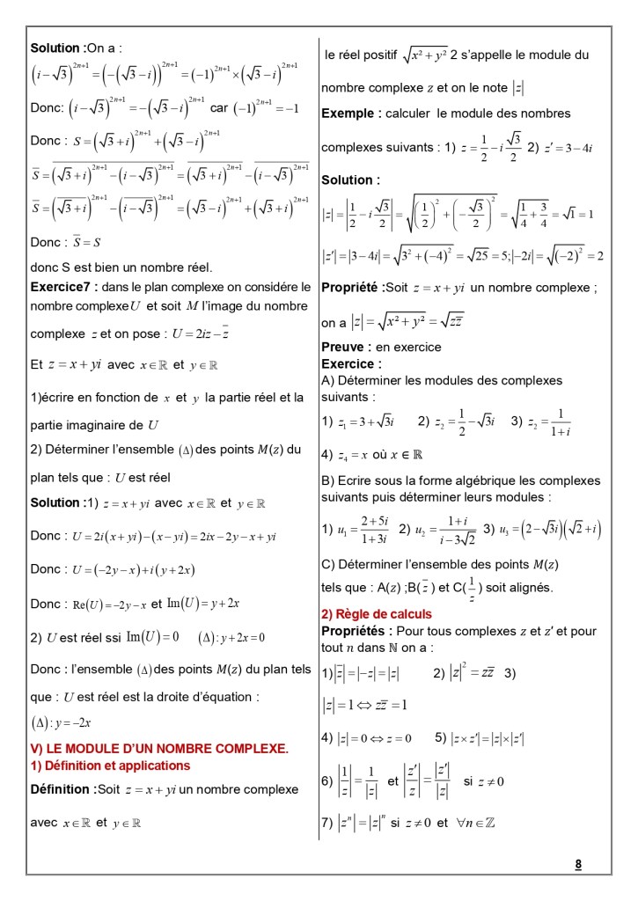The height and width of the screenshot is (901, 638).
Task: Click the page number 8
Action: pos(578,863)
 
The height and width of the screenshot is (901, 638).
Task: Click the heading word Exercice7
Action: pos(63,286)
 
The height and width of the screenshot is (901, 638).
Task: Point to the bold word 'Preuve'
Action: pos(346,348)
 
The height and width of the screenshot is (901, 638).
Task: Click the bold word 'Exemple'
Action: pos(351,114)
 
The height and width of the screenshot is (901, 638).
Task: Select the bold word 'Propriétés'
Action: pos(356,631)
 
